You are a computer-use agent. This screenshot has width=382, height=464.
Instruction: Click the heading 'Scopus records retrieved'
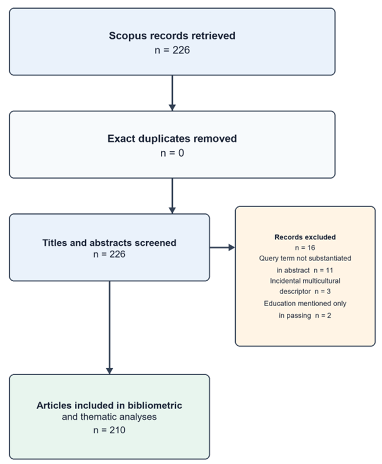(x=172, y=35)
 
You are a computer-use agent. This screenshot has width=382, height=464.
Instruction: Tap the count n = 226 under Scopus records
(x=172, y=50)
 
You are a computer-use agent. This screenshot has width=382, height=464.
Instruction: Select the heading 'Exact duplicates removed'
(x=172, y=139)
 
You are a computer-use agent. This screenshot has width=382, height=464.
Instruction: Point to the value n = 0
(x=172, y=153)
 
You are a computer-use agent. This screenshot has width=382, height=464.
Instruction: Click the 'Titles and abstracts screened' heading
(x=109, y=242)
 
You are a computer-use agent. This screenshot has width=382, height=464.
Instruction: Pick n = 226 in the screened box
(x=109, y=254)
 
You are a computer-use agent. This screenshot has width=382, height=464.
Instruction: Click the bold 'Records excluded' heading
(x=305, y=237)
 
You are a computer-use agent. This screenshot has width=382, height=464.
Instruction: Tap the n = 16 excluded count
(x=305, y=248)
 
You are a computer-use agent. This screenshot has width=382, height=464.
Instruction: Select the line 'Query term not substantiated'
(x=305, y=258)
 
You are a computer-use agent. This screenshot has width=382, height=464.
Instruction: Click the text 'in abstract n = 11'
(x=305, y=270)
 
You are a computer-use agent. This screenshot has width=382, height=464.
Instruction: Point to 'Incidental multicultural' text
(x=305, y=281)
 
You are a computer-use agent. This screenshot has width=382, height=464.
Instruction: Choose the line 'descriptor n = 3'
(x=305, y=292)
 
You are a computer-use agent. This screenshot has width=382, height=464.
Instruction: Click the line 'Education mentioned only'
(x=305, y=303)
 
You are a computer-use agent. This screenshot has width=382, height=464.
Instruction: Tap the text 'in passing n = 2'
(x=305, y=316)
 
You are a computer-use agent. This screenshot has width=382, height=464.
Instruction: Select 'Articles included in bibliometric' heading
(x=109, y=405)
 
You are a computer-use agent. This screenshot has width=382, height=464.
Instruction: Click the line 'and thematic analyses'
(x=109, y=417)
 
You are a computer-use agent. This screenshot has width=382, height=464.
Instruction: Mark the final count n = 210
(x=109, y=430)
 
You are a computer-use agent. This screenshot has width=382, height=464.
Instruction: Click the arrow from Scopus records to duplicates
(x=172, y=93)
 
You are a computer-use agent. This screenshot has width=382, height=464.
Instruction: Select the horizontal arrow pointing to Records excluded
(x=222, y=248)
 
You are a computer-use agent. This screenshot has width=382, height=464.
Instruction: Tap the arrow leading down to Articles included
(x=109, y=328)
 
